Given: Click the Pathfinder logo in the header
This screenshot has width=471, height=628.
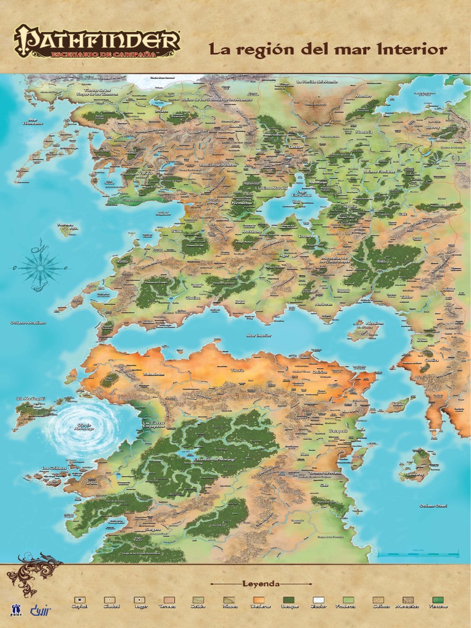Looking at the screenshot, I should tap(96, 42).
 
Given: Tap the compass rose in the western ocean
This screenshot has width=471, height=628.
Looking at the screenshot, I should tap(40, 266).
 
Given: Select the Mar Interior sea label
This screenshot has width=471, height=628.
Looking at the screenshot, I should tap(258, 335).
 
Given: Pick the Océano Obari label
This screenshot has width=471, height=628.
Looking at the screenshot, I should tap(434, 505).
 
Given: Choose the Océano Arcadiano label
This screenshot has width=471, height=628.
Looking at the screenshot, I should tap(28, 322).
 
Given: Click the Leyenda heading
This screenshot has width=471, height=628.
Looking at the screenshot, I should tap(261, 583).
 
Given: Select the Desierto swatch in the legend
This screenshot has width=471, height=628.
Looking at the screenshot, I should tap(258, 600).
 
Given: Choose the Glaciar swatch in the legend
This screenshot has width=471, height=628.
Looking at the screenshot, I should tap(318, 600).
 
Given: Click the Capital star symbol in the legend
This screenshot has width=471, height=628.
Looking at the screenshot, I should tap(79, 600).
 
